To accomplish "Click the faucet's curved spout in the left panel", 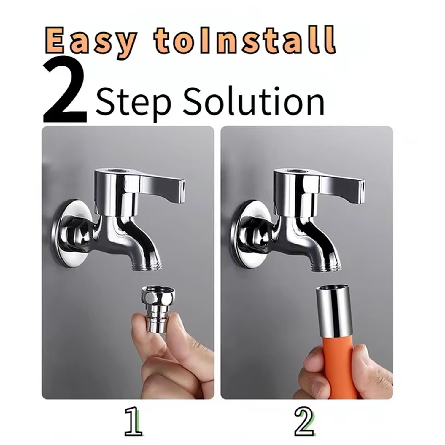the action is (133, 243).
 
